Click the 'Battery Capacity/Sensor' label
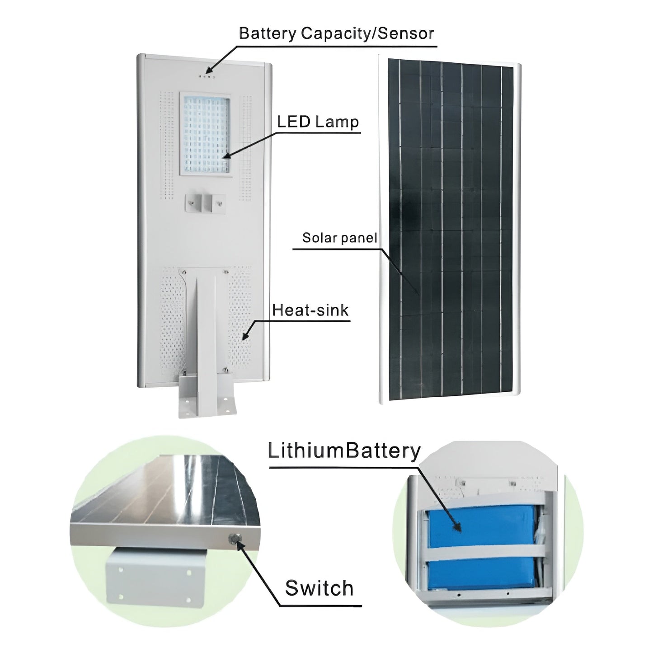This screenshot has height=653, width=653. pos(336,33)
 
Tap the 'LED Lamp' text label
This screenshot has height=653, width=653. pos(318,122)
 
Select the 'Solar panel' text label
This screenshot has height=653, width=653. pos(339,238)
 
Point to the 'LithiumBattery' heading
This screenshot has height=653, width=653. pos(344,451)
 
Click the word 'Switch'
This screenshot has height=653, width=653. pos(319,588)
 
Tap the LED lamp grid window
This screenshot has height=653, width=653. pos(205,134)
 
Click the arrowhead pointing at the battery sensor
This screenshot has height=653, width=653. pos(209,70)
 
